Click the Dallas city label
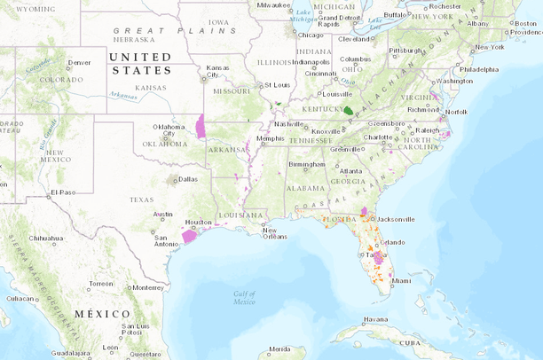click(x=188, y=179)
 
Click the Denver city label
click(x=80, y=63)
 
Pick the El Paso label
click(x=63, y=192)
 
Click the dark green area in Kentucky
click(x=348, y=111)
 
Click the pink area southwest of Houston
click(x=189, y=236)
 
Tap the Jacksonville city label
click(x=396, y=218)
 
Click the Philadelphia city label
click(x=479, y=68)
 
